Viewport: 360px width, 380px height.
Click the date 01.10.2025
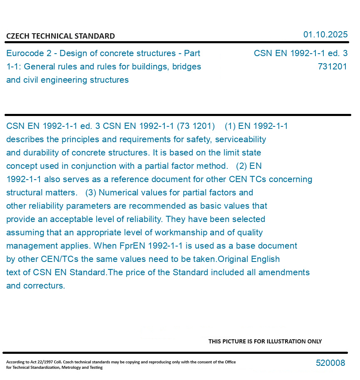(x=325, y=35)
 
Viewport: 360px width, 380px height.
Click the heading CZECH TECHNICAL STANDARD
(x=60, y=36)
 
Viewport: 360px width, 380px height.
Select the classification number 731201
(x=332, y=67)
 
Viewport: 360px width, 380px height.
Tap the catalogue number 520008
(x=330, y=363)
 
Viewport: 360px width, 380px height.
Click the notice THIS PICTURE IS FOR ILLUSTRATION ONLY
(x=265, y=341)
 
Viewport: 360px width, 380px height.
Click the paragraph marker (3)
(x=91, y=192)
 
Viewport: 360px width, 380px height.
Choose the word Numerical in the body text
(x=117, y=192)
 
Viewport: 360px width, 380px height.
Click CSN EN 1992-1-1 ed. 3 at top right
(x=300, y=53)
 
